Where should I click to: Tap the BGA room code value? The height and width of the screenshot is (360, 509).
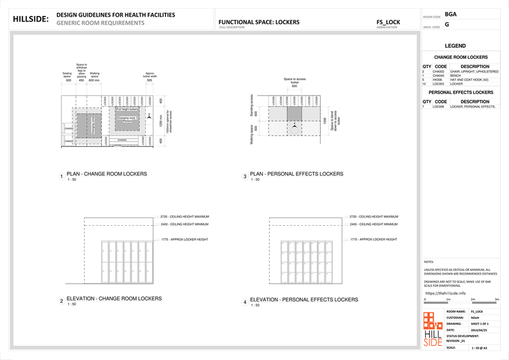[x=450, y=13]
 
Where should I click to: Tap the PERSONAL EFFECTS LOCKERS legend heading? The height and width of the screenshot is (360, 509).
[x=460, y=92]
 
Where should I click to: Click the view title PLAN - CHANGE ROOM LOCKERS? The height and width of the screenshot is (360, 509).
[x=106, y=174]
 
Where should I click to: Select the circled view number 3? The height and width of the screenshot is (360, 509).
[x=244, y=176]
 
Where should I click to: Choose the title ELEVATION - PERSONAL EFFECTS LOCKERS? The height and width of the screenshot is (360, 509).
[x=296, y=299]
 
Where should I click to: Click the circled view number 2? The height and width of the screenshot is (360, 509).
[x=61, y=301]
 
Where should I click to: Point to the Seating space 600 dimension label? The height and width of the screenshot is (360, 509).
[x=67, y=77]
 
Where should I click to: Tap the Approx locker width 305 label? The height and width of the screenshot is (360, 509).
[x=150, y=77]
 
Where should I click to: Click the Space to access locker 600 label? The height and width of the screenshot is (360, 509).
[x=294, y=82]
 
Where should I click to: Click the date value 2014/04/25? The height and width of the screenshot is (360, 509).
[x=478, y=330]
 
